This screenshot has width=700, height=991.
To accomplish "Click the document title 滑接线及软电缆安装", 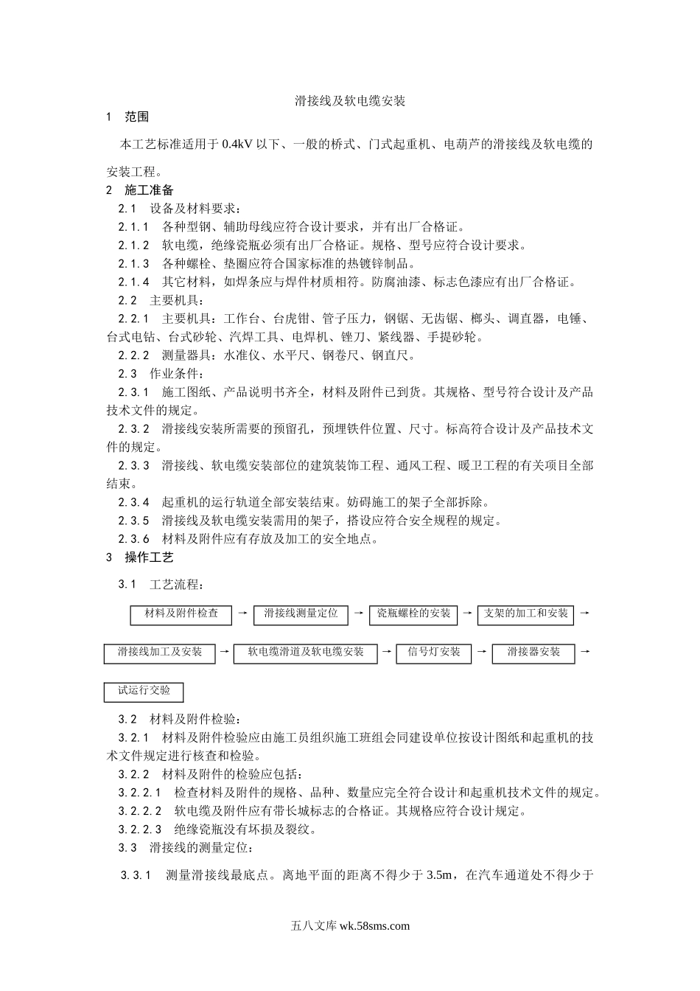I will (x=350, y=101).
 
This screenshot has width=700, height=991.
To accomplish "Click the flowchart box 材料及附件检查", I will (x=181, y=614).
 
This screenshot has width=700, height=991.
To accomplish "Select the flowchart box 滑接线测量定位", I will (x=301, y=614).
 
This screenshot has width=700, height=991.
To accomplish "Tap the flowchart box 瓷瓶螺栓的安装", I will (x=413, y=614).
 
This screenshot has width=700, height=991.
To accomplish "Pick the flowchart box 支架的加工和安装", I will (x=526, y=614).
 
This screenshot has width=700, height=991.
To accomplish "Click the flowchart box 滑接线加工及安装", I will (x=159, y=653).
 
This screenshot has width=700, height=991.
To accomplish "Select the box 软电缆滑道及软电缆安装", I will (x=305, y=653).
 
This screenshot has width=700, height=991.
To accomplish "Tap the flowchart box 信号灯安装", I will (x=433, y=653).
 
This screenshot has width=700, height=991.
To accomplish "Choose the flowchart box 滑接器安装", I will (x=533, y=653).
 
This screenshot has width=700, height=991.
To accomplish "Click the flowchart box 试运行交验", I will (x=144, y=692).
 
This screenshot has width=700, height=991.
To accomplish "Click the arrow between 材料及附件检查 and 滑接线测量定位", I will (x=242, y=613).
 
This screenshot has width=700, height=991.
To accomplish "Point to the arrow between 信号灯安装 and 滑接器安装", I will (x=481, y=652).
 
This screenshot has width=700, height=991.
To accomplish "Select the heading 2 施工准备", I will (x=140, y=190).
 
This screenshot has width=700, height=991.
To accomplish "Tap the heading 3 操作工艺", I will (x=140, y=557).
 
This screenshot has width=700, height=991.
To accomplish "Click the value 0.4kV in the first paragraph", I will (x=237, y=145).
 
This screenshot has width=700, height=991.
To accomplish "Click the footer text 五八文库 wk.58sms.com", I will (x=350, y=926).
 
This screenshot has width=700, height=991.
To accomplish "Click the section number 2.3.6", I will (x=133, y=539).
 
